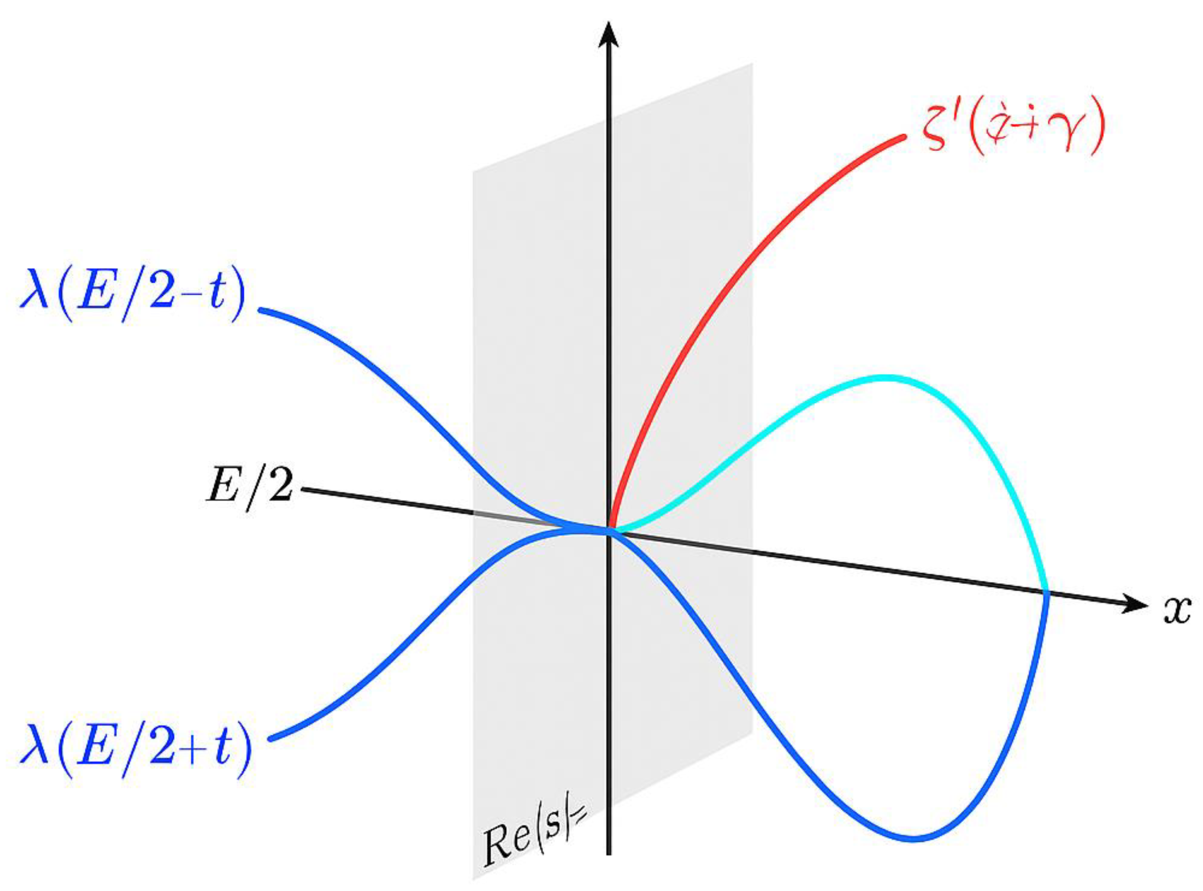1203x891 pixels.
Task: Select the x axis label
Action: tap(1177, 611)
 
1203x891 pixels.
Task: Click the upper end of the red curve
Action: tap(902, 138)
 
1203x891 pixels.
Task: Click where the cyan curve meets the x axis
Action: tap(1046, 593)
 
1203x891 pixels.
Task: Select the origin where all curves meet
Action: tap(609, 530)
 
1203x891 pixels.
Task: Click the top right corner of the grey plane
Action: tap(752, 63)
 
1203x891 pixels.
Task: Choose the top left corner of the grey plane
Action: tap(473, 172)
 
